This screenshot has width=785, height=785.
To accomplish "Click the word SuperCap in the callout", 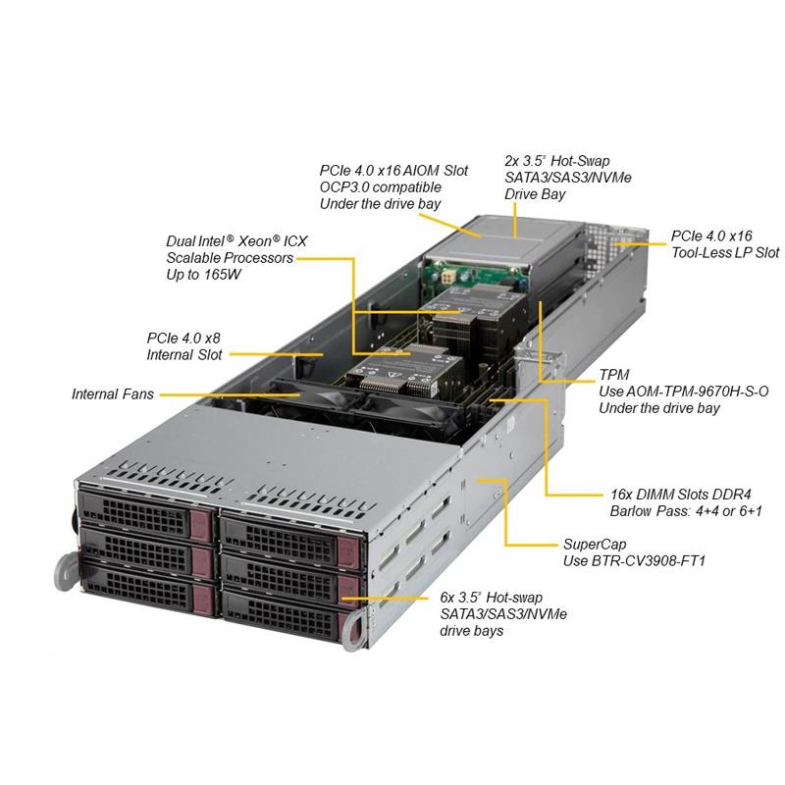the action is point(595,545).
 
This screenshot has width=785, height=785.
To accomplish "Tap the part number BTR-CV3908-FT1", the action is point(649,560).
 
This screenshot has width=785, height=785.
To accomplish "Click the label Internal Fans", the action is point(113,394).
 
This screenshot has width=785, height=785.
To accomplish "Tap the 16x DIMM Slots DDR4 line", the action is point(681,495).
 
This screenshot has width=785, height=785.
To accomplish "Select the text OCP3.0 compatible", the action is point(381,187).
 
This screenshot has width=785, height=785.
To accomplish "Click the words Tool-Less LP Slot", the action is point(725,252).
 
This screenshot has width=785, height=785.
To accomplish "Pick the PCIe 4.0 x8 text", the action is point(183,338).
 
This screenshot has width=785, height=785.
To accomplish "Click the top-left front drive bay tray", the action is point(146,513).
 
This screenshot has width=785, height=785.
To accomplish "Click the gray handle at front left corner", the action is point(65,571).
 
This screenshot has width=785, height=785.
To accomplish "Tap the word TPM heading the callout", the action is point(614,375).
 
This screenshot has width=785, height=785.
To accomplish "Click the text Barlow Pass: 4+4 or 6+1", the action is point(686,511).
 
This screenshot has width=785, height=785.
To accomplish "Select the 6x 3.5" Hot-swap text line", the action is point(492,598).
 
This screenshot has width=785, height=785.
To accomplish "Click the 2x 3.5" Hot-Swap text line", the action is point(557,161).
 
